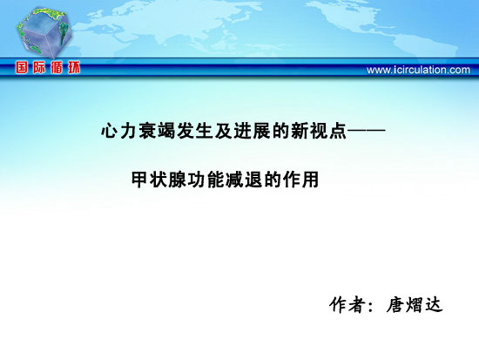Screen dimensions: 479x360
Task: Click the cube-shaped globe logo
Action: (44, 32)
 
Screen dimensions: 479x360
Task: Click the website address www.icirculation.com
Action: (418, 70)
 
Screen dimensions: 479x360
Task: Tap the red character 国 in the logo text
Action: (22, 68)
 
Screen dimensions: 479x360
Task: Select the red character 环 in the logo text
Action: (74, 68)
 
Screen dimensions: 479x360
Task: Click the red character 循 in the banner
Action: (57, 68)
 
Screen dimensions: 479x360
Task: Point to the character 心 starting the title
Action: (110, 131)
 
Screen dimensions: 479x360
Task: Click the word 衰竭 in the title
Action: (157, 131)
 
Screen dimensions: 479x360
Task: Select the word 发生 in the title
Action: (195, 131)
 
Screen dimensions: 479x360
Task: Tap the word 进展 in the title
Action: (252, 131)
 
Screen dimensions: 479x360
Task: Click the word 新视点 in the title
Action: (319, 131)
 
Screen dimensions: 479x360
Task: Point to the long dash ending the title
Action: (367, 131)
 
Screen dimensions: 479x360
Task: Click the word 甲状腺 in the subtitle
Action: (159, 180)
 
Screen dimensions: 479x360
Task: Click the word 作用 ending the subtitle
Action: (301, 180)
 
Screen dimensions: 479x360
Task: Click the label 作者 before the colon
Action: (347, 304)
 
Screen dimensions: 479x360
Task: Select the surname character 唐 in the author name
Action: (395, 304)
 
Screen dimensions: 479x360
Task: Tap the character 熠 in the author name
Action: (415, 304)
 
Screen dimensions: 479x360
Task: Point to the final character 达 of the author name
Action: (434, 304)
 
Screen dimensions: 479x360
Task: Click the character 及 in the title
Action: (224, 131)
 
